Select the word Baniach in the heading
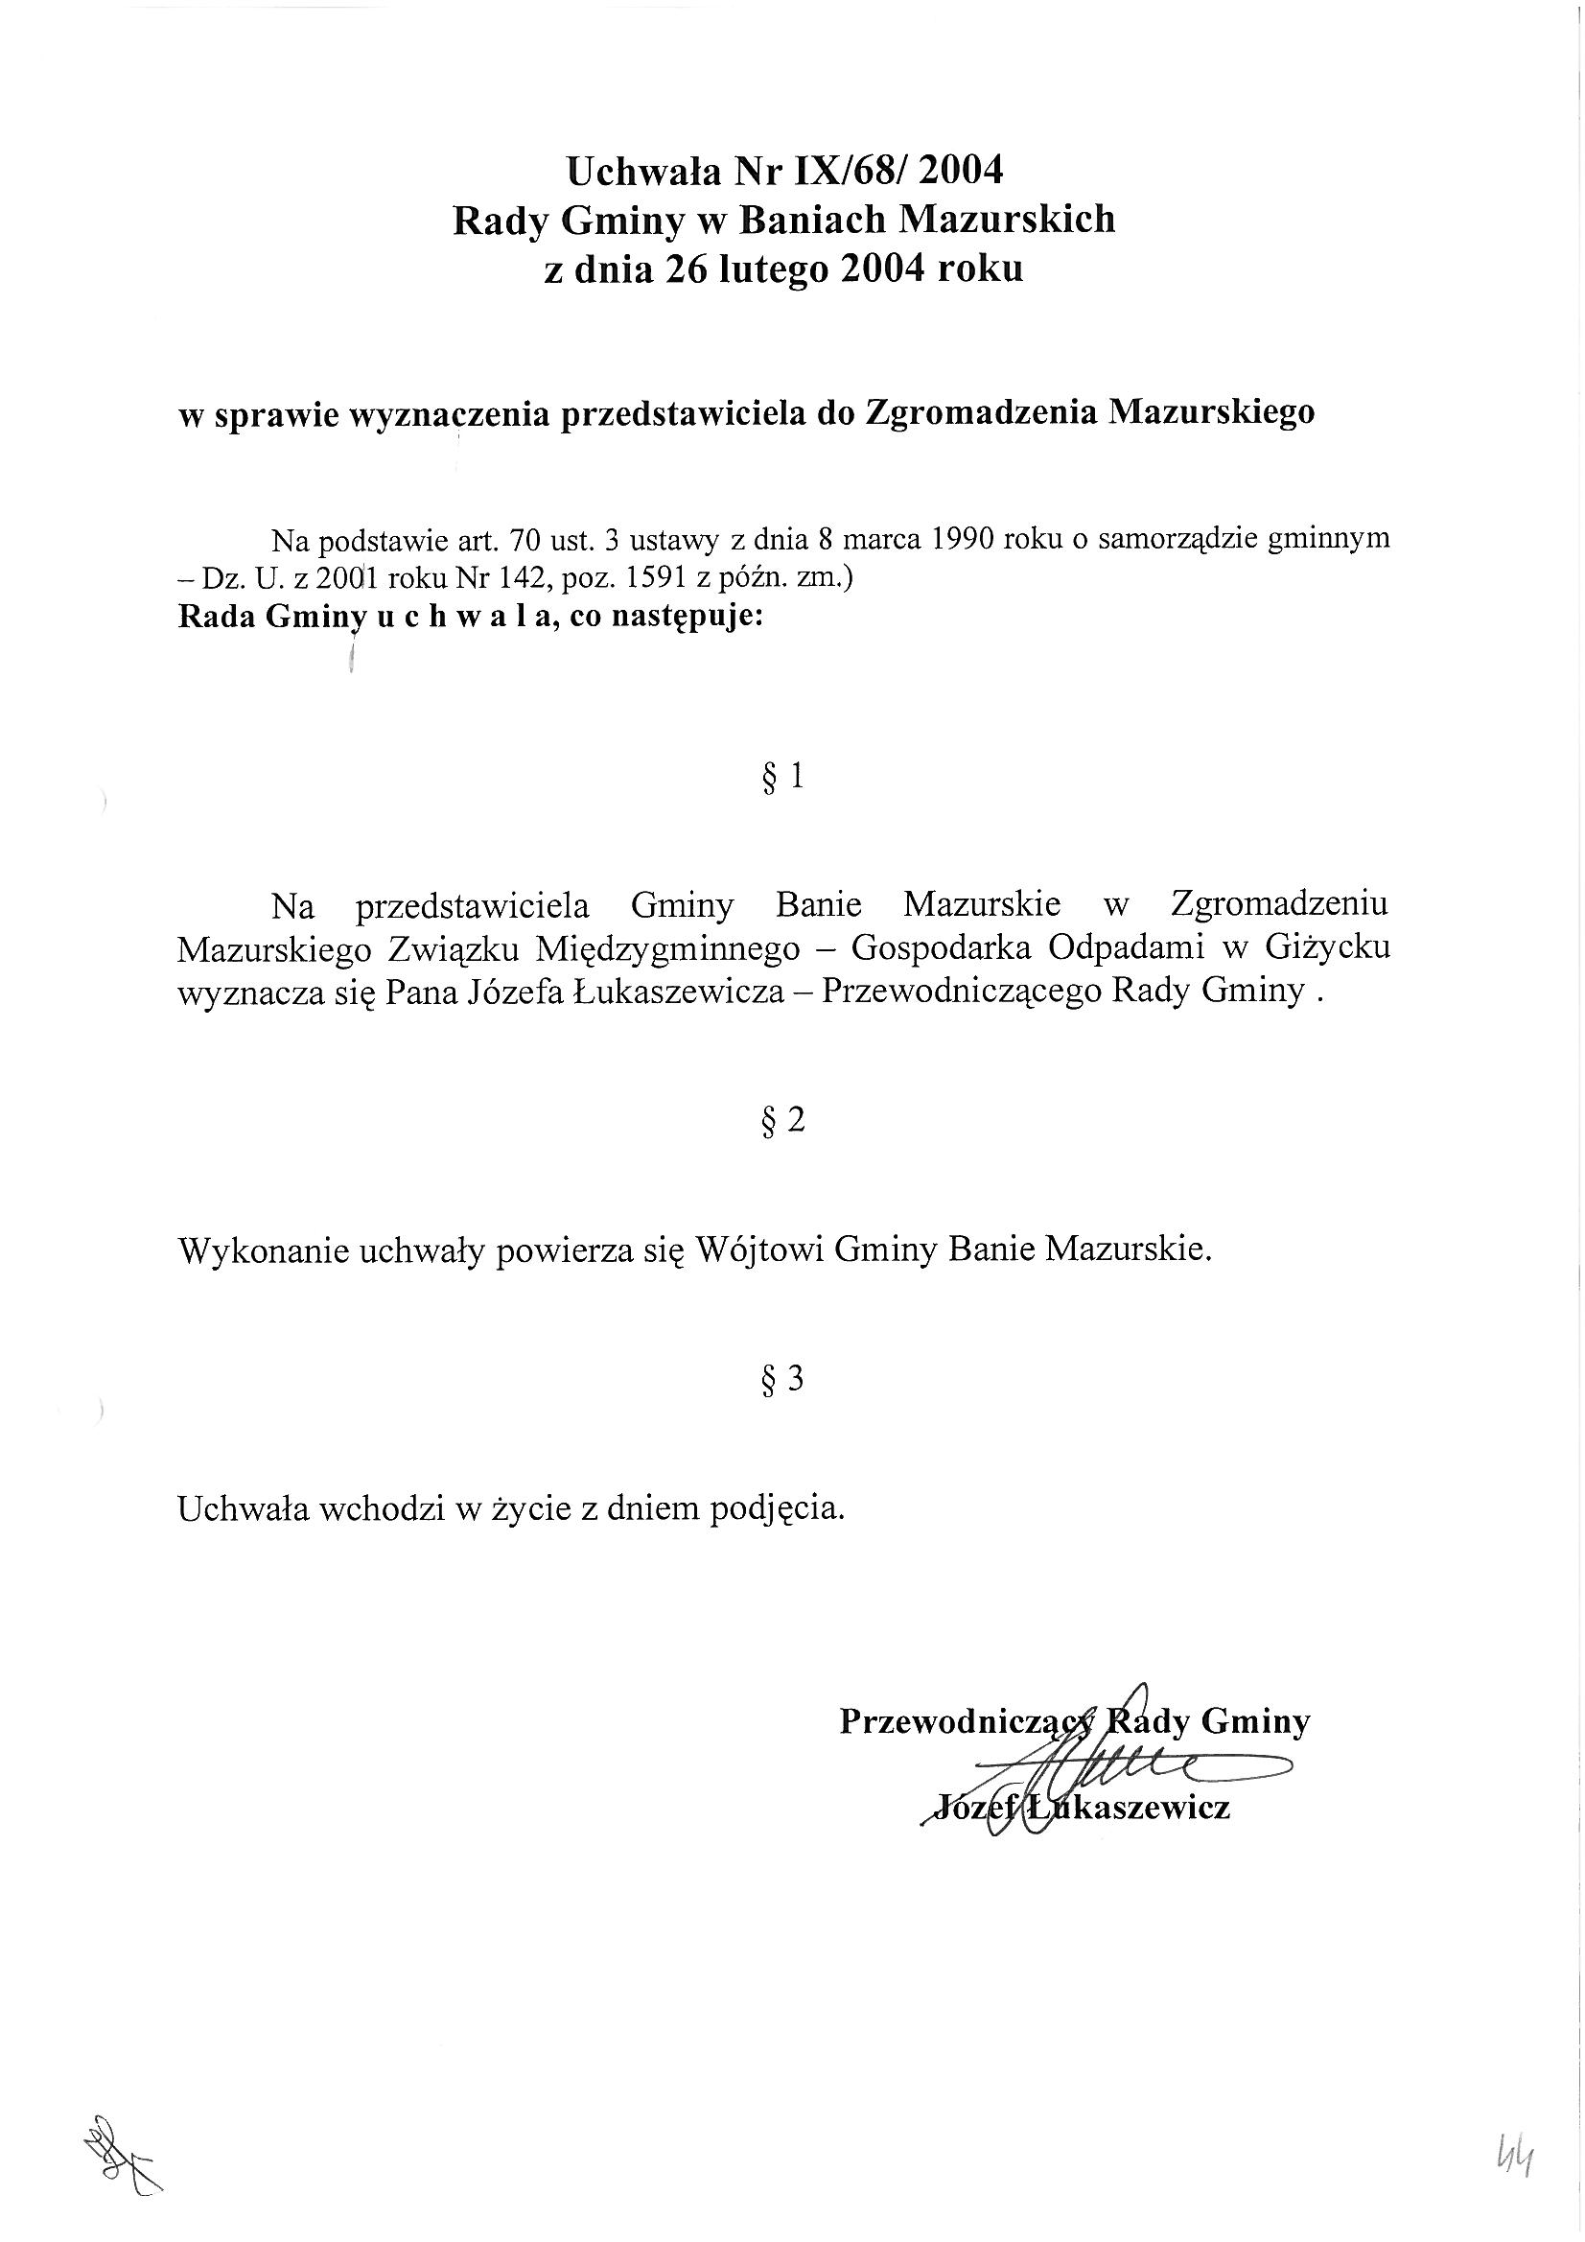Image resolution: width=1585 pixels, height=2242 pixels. click(x=811, y=220)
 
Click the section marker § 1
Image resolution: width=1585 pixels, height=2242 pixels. click(x=782, y=778)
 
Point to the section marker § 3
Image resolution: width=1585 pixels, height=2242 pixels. click(x=782, y=1379)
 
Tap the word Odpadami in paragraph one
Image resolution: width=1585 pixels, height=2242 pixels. click(x=1127, y=948)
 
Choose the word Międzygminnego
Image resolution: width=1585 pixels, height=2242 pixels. click(x=668, y=948)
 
